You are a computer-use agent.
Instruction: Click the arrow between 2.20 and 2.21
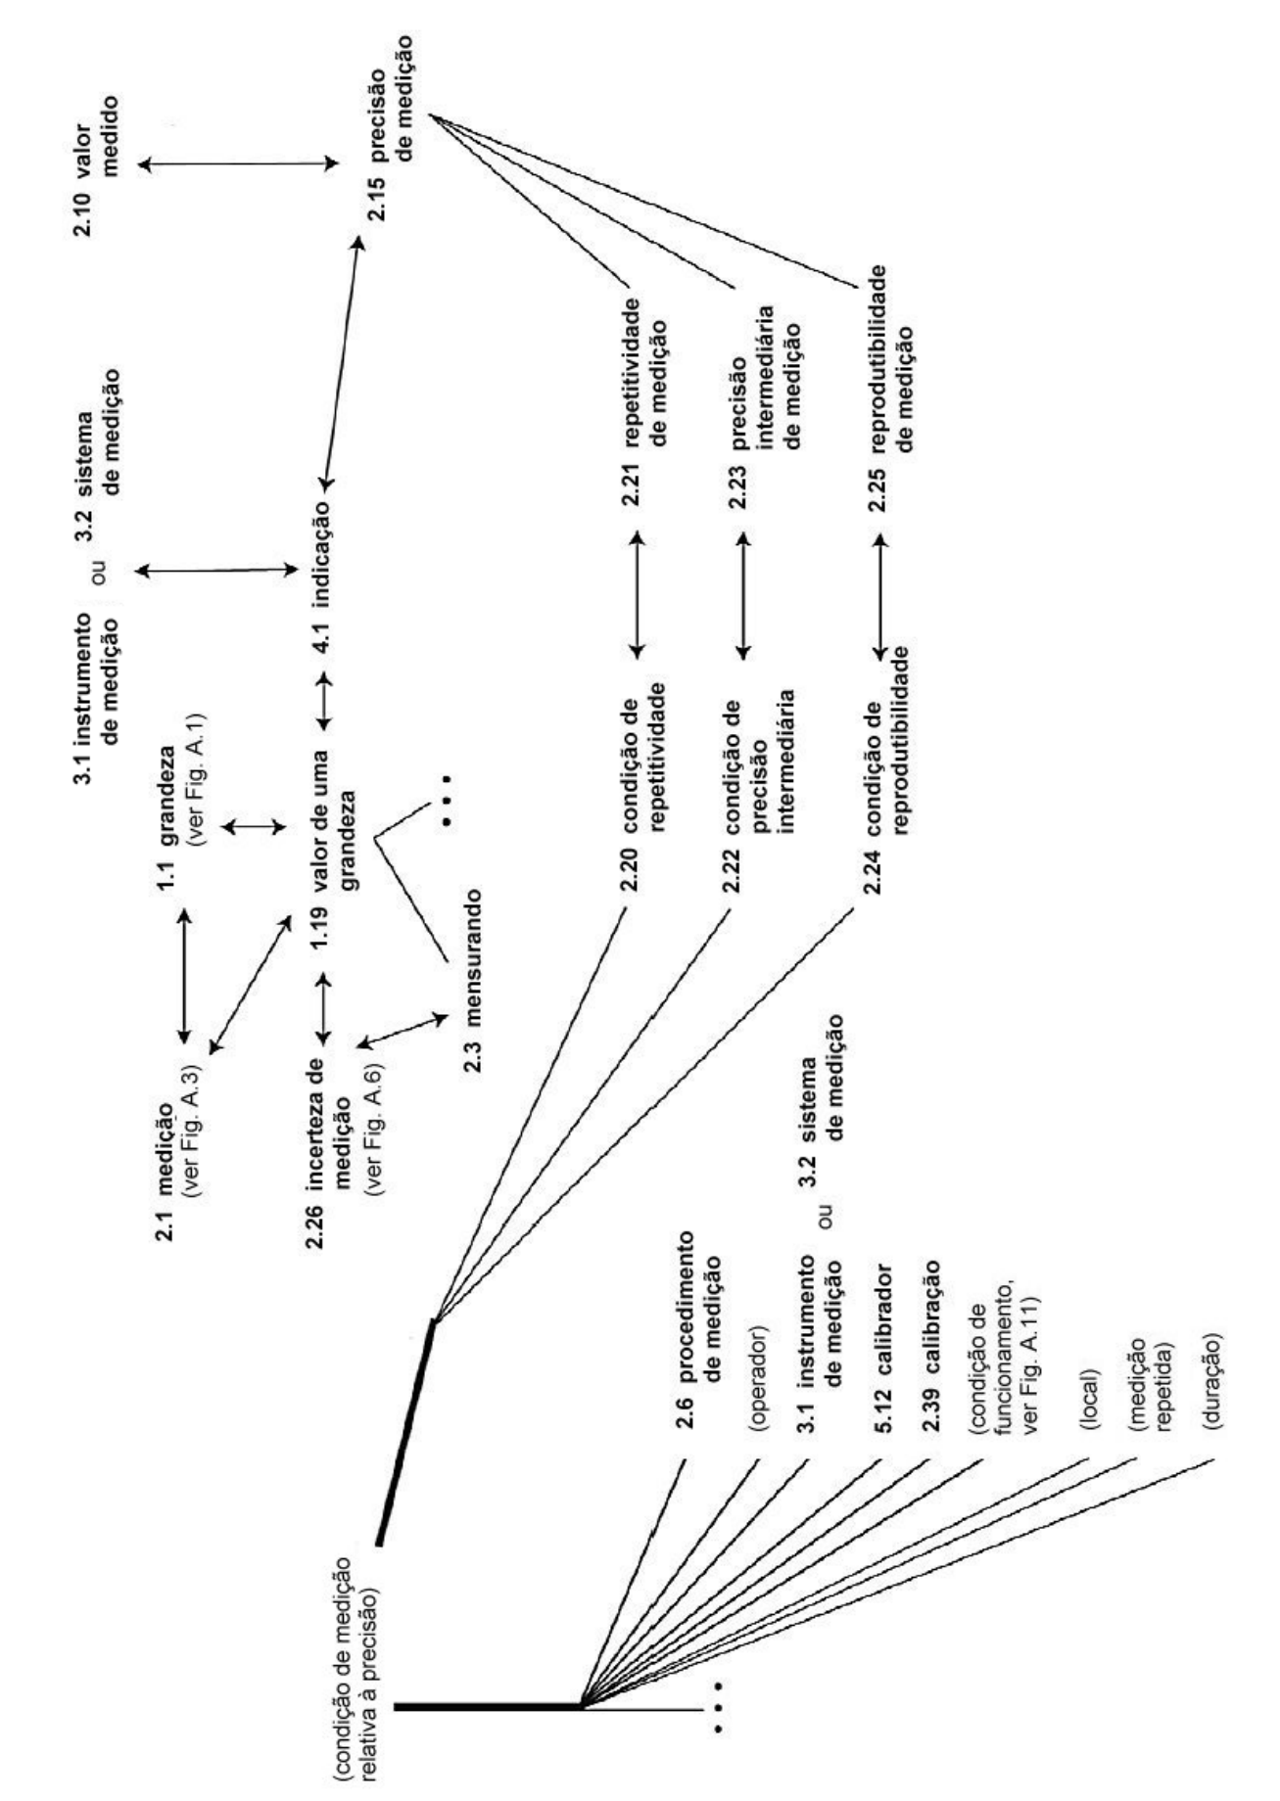[x=638, y=593]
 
